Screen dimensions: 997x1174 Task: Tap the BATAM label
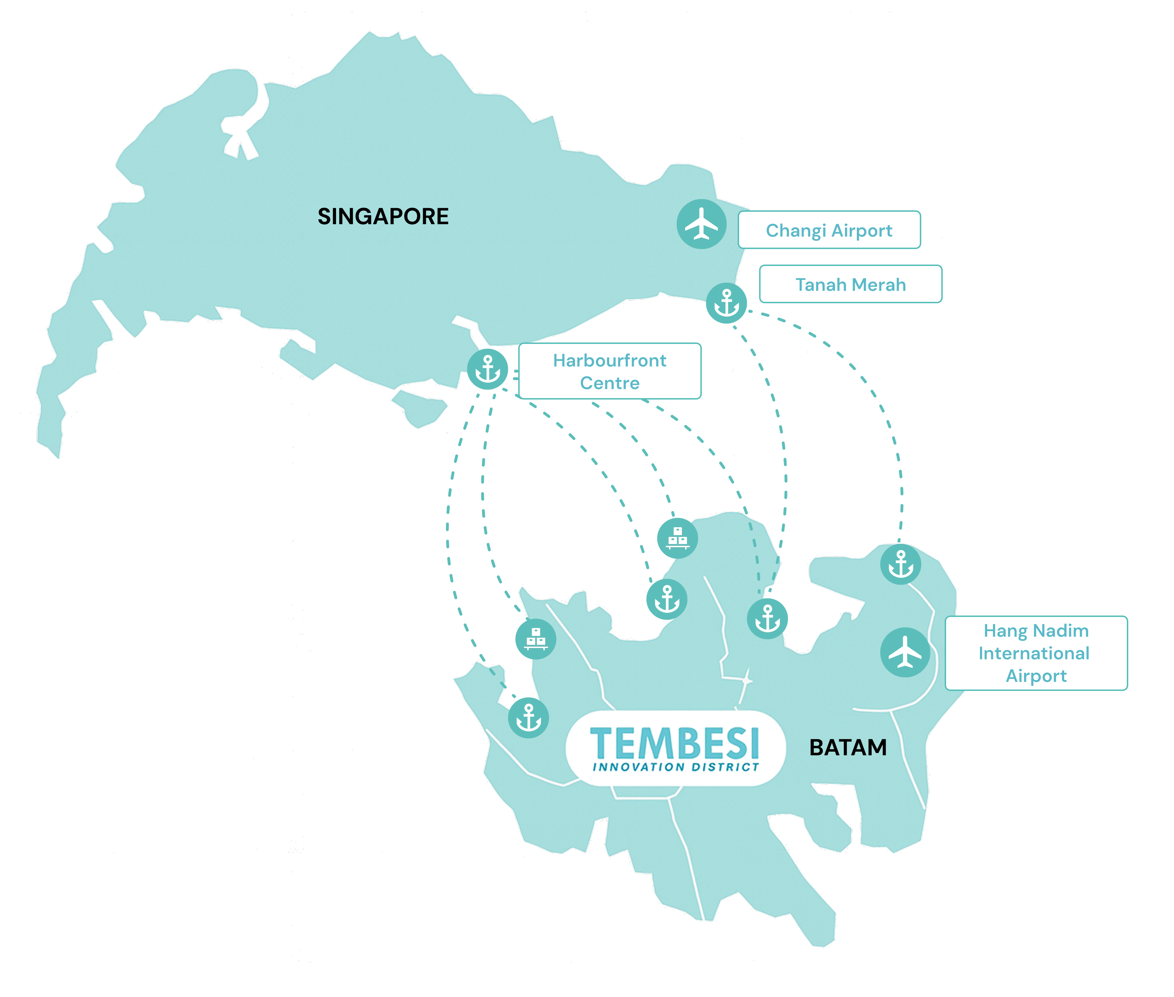click(848, 747)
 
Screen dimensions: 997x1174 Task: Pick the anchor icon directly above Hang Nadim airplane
click(900, 564)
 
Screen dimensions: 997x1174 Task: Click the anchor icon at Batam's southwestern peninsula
click(528, 718)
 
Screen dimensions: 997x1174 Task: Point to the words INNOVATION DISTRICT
click(676, 767)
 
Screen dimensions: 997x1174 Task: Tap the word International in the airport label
click(1034, 653)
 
